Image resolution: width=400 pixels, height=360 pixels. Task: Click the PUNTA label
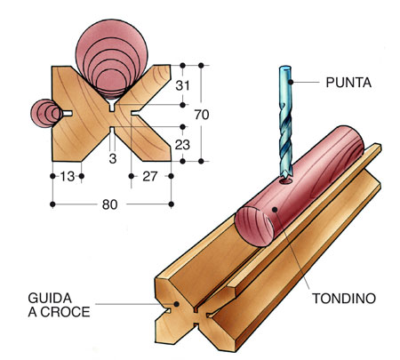click(348, 83)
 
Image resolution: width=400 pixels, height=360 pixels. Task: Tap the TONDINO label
click(344, 299)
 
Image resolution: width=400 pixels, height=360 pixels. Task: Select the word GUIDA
click(50, 298)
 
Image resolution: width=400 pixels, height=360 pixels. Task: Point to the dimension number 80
click(110, 204)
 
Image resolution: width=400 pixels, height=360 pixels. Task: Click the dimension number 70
click(202, 115)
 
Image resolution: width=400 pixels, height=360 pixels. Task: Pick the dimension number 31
click(182, 85)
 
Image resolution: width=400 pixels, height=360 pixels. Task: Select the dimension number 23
click(182, 145)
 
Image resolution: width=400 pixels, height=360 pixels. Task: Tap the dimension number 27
click(149, 177)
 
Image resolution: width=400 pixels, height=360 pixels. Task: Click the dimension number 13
click(68, 177)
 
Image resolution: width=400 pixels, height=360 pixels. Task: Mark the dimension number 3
click(113, 159)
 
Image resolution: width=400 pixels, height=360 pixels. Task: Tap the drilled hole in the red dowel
click(285, 180)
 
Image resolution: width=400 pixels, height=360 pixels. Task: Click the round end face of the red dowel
click(254, 226)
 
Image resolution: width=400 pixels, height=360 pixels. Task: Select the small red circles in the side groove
click(46, 113)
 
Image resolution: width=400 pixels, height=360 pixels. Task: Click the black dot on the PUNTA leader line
click(292, 82)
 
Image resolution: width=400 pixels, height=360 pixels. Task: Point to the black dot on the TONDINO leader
click(275, 210)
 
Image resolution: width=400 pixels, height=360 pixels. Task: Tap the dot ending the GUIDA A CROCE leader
click(177, 304)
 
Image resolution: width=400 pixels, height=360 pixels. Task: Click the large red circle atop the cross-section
click(111, 60)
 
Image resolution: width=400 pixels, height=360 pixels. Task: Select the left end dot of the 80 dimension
click(52, 204)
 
